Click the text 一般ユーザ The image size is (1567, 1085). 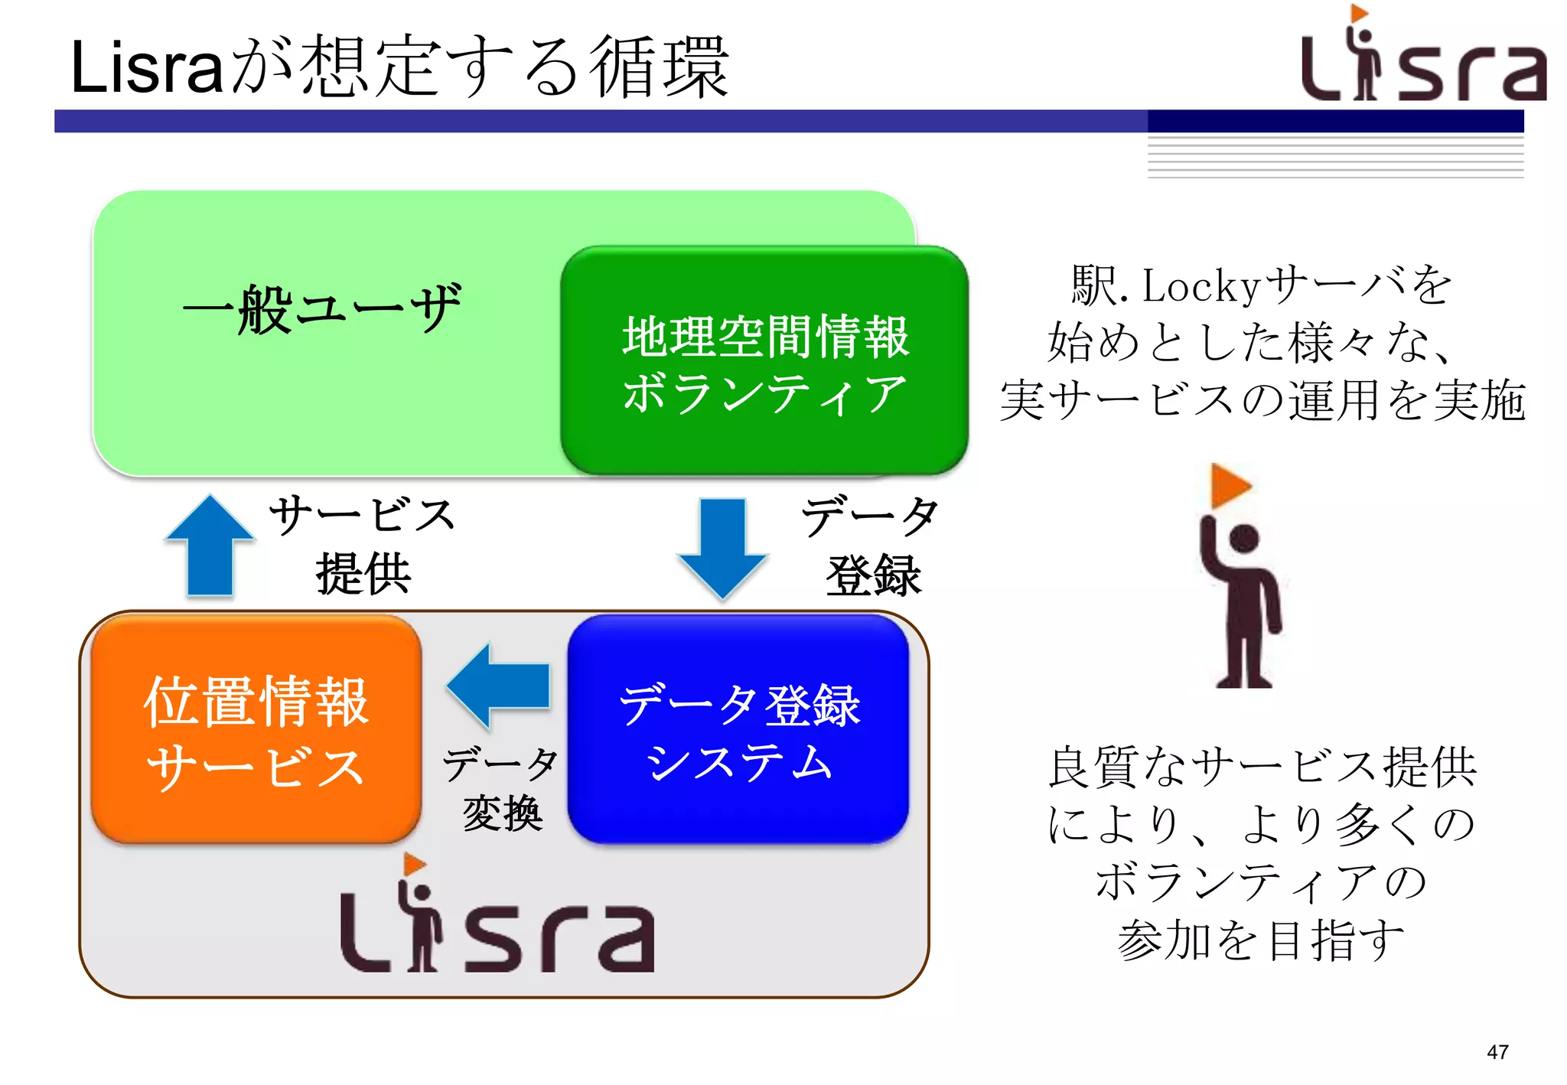322,309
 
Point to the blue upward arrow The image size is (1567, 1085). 210,545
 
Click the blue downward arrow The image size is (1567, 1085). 722,546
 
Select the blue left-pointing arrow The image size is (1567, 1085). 500,686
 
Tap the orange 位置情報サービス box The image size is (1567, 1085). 256,730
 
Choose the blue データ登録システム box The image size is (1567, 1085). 738,730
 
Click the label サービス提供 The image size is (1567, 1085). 363,545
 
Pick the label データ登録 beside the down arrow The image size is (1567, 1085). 871,545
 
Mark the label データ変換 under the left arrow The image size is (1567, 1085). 502,788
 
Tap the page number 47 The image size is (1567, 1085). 1497,1052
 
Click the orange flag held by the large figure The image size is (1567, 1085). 1229,486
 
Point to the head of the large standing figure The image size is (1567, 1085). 1244,539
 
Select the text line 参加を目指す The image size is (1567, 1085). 1261,940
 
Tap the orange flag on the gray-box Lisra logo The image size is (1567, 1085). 414,865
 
